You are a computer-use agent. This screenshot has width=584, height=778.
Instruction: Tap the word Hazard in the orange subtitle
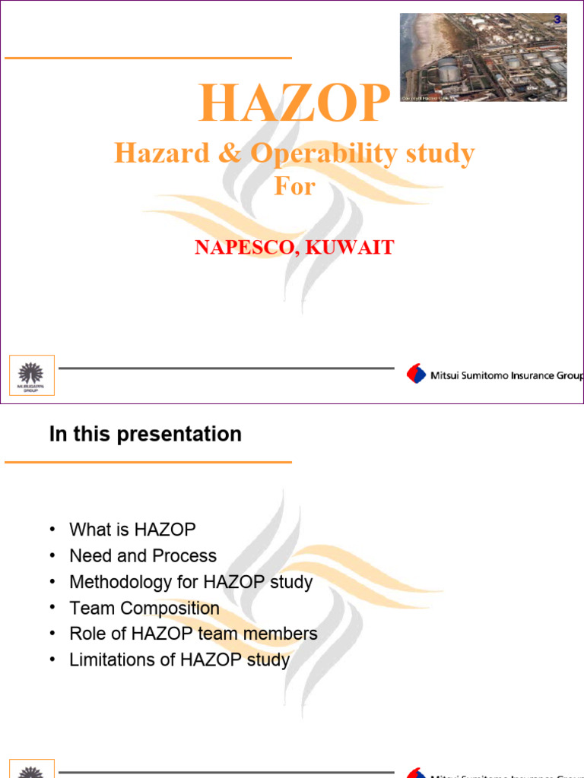[x=151, y=153]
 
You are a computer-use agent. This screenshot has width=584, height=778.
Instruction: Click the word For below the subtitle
[x=294, y=186]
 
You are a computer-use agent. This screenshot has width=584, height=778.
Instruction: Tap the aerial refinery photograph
[x=483, y=58]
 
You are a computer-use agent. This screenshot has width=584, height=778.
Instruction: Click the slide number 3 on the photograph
[x=557, y=20]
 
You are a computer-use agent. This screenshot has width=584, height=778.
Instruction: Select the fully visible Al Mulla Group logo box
[x=31, y=375]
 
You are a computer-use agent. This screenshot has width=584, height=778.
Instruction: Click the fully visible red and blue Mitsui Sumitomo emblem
[x=416, y=375]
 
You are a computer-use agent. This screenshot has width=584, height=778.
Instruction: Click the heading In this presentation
[x=145, y=434]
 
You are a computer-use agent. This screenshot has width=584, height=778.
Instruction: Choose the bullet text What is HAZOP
[x=132, y=530]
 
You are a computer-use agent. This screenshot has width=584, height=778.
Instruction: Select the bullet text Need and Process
[x=143, y=555]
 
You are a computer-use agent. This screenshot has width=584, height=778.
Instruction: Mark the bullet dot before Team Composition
[x=52, y=608]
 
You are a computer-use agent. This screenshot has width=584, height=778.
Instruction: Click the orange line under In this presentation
[x=148, y=461]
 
